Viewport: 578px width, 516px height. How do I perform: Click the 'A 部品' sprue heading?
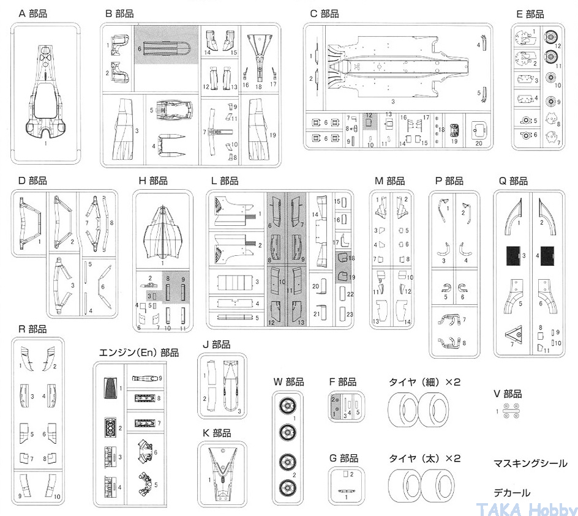(x=33, y=13)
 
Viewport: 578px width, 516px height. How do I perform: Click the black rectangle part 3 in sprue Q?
(x=513, y=254)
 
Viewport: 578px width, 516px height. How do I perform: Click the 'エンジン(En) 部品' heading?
(x=139, y=353)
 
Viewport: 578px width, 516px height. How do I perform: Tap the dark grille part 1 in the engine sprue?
(x=111, y=388)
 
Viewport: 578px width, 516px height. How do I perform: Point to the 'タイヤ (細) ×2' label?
(x=424, y=382)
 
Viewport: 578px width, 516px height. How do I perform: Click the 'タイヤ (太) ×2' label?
(x=424, y=458)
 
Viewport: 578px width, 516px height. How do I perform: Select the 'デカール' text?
(x=512, y=493)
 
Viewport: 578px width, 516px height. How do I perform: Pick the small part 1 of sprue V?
(x=510, y=412)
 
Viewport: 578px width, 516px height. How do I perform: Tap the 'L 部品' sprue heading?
(x=224, y=181)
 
